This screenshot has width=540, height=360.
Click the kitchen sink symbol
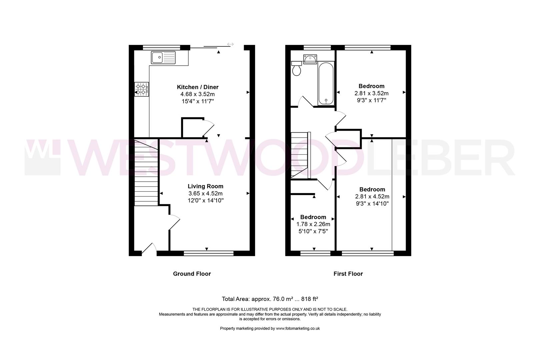point(163,57)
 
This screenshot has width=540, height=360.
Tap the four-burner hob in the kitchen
point(142,89)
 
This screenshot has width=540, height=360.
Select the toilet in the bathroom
point(296,69)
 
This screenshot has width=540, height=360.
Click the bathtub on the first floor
point(326,83)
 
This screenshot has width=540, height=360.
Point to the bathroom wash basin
point(310,59)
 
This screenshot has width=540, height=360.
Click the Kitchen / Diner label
point(197,87)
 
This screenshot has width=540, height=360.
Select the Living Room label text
point(205,186)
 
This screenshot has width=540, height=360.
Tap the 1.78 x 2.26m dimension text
point(313,224)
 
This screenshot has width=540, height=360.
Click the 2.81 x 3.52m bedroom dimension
point(371,93)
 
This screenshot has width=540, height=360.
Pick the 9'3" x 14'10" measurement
point(372,204)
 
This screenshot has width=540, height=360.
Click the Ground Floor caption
point(192,274)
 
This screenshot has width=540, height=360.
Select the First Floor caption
point(348,274)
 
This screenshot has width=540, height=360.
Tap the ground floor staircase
point(146,173)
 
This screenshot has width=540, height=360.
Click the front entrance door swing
point(149,249)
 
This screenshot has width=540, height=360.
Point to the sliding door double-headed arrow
point(230,44)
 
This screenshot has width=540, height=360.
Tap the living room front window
point(208,254)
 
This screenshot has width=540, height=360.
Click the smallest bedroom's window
point(315,254)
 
